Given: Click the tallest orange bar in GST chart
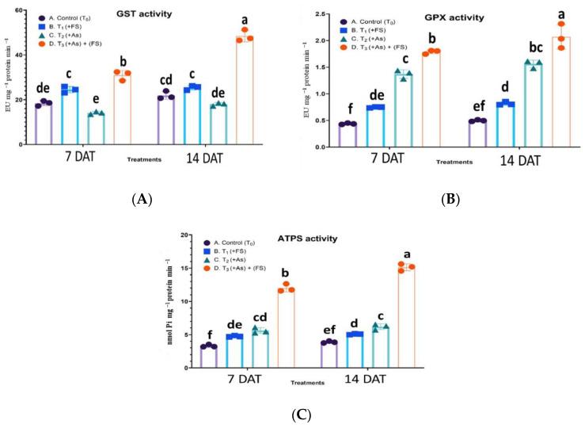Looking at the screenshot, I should coord(244,91).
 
